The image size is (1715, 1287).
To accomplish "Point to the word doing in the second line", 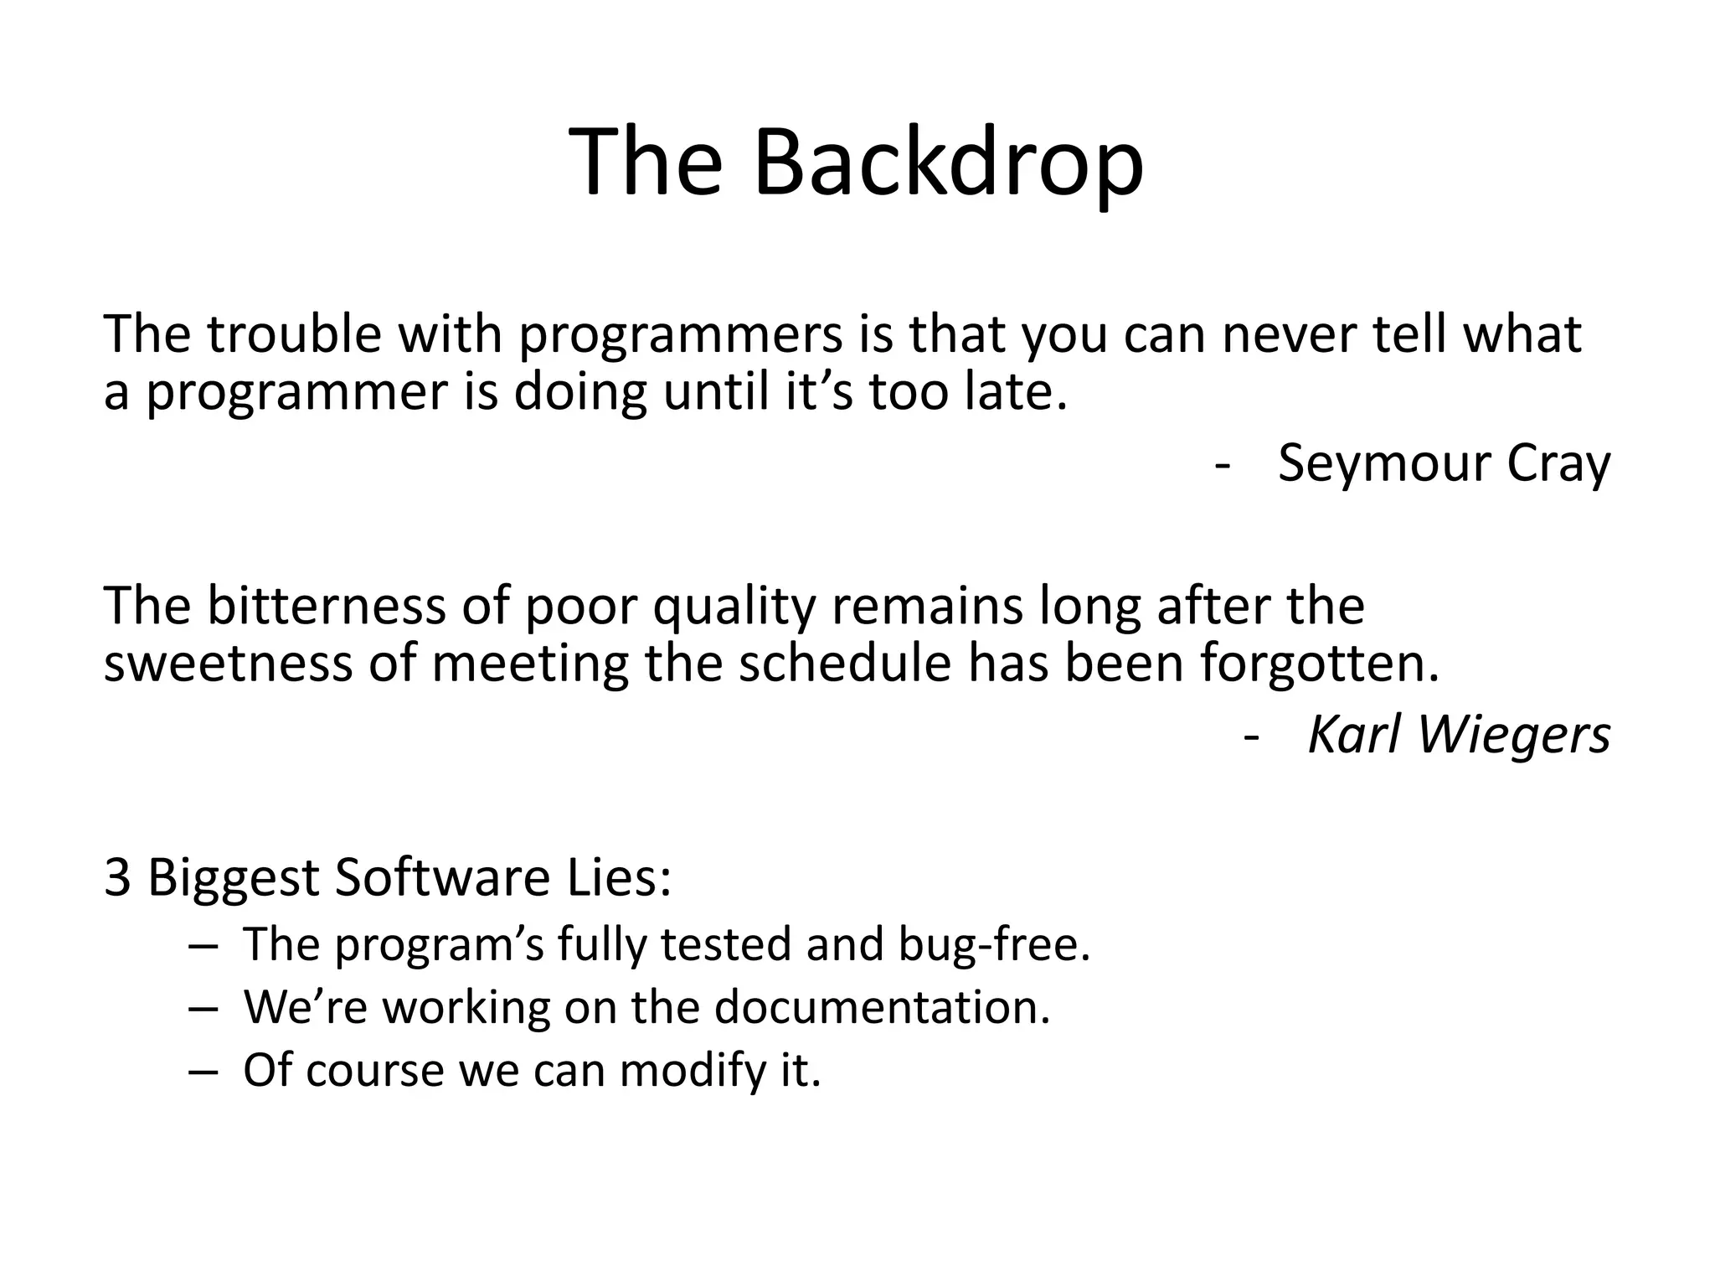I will pyautogui.click(x=579, y=392).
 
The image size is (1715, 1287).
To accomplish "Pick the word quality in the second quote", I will pyautogui.click(x=734, y=607).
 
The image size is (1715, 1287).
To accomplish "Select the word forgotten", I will pyautogui.click(x=1320, y=664).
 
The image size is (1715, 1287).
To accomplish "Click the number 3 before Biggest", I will pyautogui.click(x=117, y=878).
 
